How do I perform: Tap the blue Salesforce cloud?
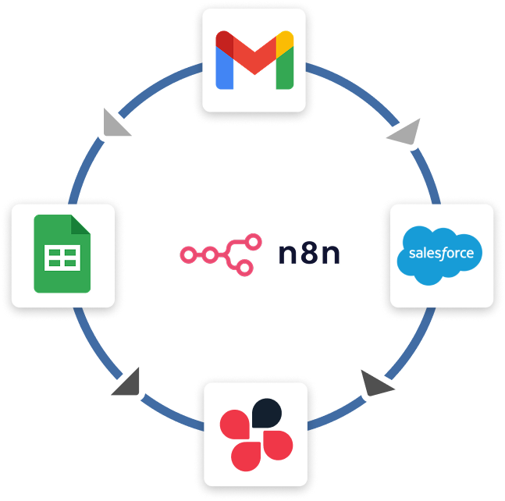(441, 254)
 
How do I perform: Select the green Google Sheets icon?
(63, 254)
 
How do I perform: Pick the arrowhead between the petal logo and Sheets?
(126, 380)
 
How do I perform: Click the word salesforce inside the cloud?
(441, 254)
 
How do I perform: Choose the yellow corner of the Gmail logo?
(285, 40)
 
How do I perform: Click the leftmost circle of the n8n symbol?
(187, 254)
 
